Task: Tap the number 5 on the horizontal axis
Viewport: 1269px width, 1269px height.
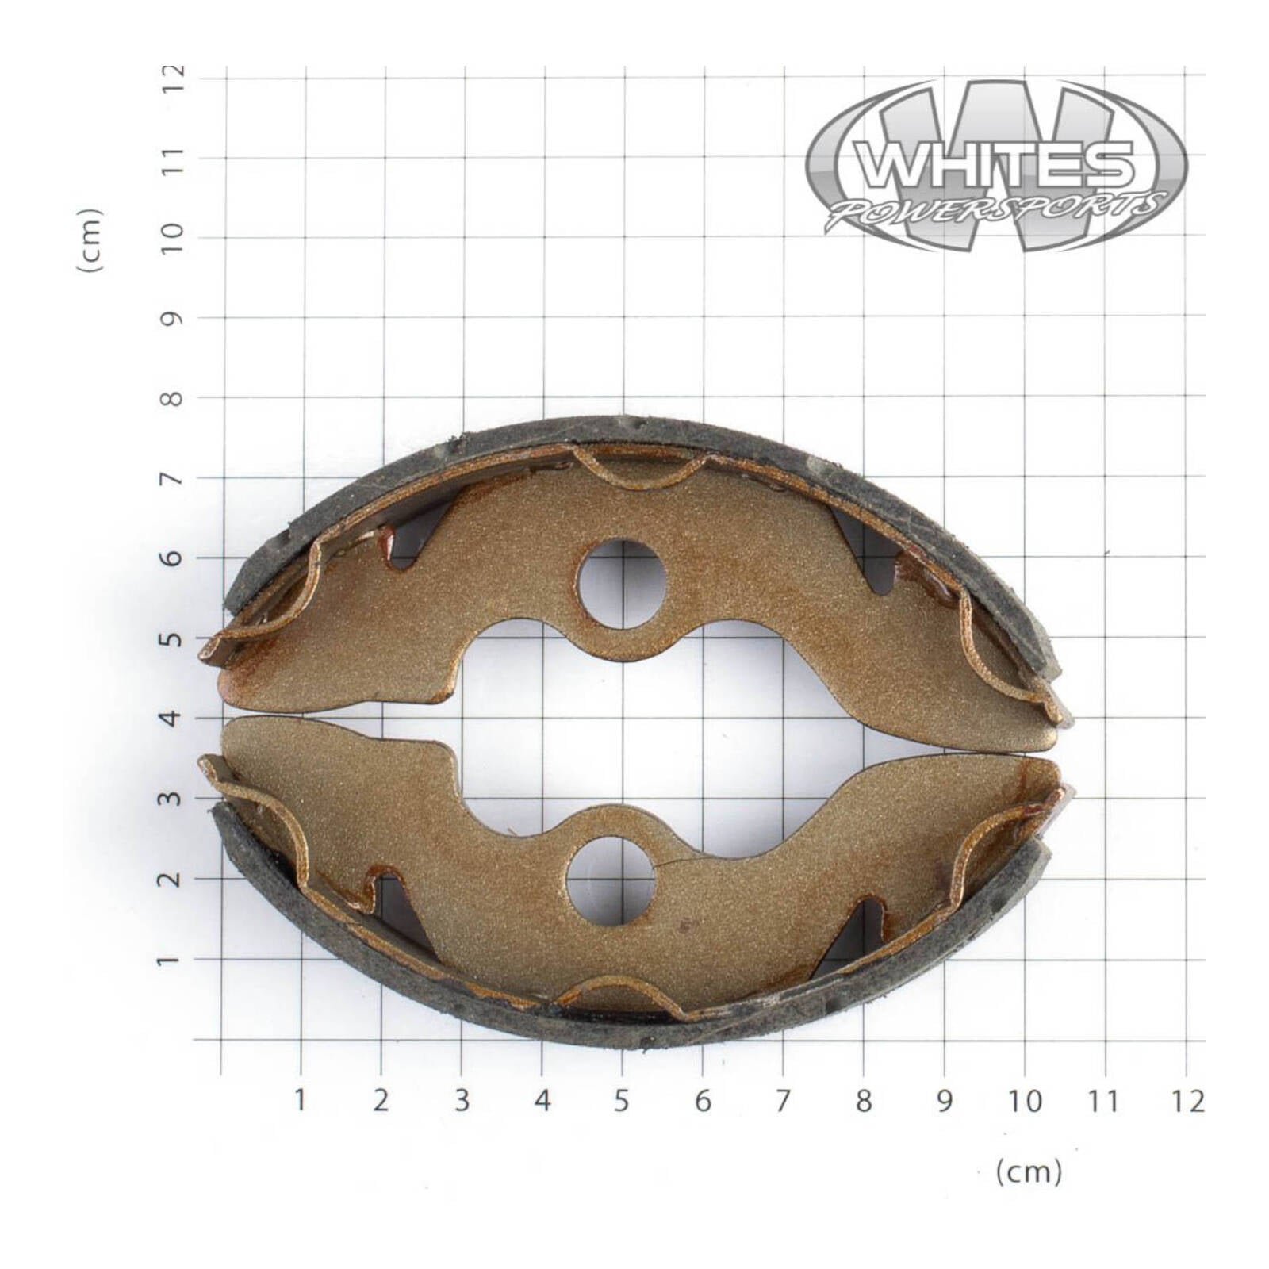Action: pyautogui.click(x=621, y=1101)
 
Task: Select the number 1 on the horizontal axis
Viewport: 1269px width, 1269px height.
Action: pyautogui.click(x=300, y=1101)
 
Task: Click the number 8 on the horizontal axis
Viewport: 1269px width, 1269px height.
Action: pyautogui.click(x=863, y=1101)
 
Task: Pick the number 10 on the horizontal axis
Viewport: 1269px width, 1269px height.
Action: pyautogui.click(x=1025, y=1101)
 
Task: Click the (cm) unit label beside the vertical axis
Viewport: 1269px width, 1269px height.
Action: pyautogui.click(x=90, y=240)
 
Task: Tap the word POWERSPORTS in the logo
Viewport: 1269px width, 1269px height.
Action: pyautogui.click(x=995, y=209)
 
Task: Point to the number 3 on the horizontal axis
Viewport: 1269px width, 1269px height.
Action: pyautogui.click(x=462, y=1101)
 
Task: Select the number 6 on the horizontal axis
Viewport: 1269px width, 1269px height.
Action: pyautogui.click(x=703, y=1101)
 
